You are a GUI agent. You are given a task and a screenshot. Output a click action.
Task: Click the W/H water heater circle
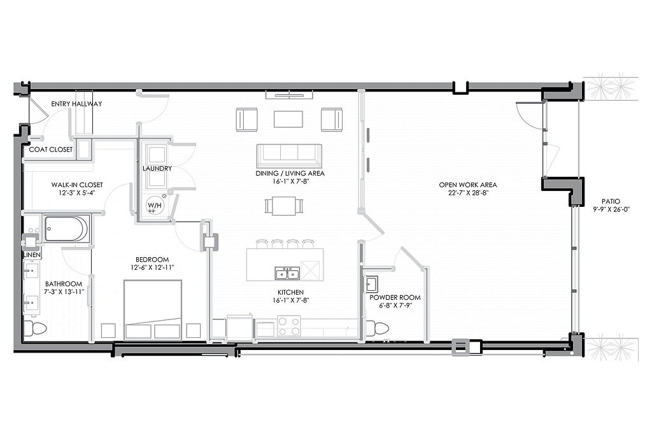(x=154, y=206)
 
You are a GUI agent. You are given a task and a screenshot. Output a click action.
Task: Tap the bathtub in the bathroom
(x=66, y=228)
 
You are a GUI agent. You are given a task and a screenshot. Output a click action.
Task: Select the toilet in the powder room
(x=378, y=328)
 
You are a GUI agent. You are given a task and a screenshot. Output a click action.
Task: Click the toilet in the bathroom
(x=35, y=328)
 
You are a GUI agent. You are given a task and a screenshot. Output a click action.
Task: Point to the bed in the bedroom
(x=153, y=310)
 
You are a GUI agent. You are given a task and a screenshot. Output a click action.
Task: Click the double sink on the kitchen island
(x=287, y=273)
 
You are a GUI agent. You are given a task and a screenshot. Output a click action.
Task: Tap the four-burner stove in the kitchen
(x=289, y=326)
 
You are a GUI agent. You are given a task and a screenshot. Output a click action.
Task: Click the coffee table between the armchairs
(x=288, y=118)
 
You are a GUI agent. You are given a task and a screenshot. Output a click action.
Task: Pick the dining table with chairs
(x=283, y=206)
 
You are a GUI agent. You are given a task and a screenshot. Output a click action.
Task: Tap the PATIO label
(x=611, y=201)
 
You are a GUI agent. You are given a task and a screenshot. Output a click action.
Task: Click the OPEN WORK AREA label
(x=468, y=185)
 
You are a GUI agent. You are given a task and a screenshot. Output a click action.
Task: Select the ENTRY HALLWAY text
(x=76, y=104)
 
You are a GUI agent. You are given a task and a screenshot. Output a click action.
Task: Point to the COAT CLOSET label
(x=51, y=150)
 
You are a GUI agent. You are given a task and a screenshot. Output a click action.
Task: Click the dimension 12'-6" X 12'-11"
(x=152, y=268)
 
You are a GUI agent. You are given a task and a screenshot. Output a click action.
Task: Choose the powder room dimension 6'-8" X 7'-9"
(x=395, y=305)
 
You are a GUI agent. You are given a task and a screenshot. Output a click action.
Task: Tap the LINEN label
(x=32, y=255)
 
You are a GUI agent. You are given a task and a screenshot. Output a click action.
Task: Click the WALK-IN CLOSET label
(x=77, y=185)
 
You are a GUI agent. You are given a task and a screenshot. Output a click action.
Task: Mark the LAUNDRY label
(x=157, y=169)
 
